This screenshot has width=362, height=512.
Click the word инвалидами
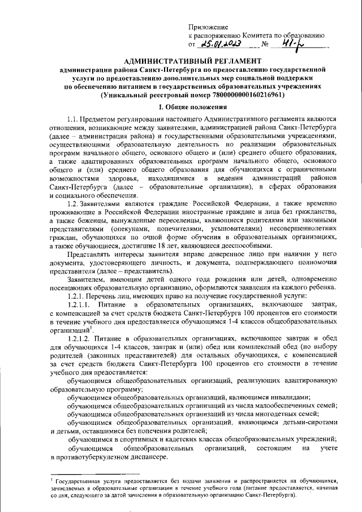click(289, 397)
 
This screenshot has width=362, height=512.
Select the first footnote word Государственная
click(77, 480)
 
